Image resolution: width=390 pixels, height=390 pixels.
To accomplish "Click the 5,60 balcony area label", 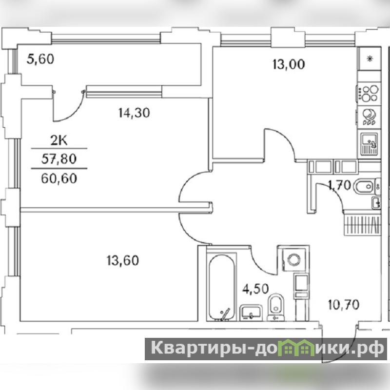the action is [40, 59].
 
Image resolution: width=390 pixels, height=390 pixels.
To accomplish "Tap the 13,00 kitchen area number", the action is [289, 64].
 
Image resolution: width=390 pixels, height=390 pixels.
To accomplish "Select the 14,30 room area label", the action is [134, 113].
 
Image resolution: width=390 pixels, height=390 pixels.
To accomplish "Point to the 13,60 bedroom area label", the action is [123, 261].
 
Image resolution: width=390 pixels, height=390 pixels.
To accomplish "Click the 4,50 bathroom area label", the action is [255, 289].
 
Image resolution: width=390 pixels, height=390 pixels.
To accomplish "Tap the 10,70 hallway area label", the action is [344, 305].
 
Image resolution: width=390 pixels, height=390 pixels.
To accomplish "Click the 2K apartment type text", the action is [59, 141].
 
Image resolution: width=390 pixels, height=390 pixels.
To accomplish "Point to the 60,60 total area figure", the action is [59, 178].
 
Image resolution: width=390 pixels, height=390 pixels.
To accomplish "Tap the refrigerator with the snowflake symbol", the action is [370, 59].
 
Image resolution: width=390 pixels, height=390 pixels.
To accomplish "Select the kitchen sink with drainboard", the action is [370, 144].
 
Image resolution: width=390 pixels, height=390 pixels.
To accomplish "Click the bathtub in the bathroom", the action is [221, 287].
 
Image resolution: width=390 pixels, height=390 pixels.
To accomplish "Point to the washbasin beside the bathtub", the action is [251, 312].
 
